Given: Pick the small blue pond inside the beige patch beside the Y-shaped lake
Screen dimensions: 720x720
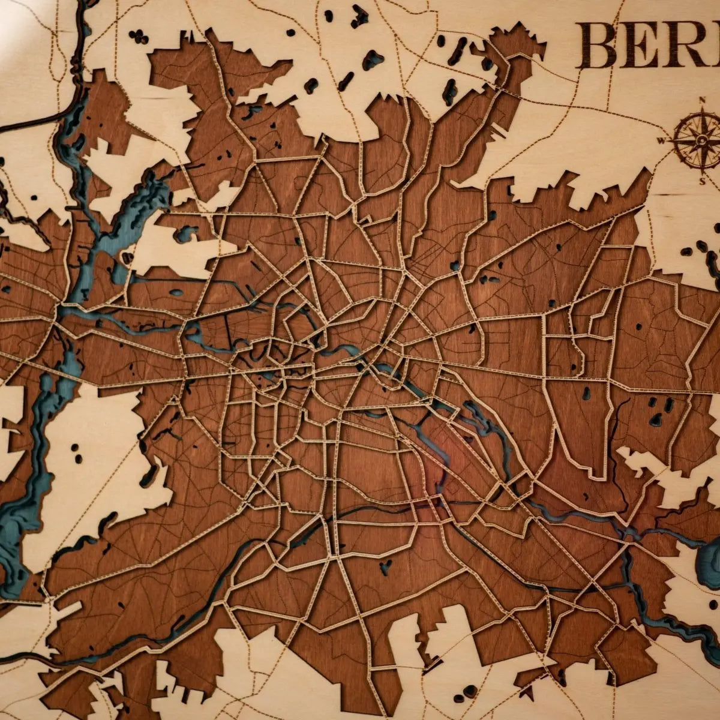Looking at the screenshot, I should [x=185, y=233].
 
